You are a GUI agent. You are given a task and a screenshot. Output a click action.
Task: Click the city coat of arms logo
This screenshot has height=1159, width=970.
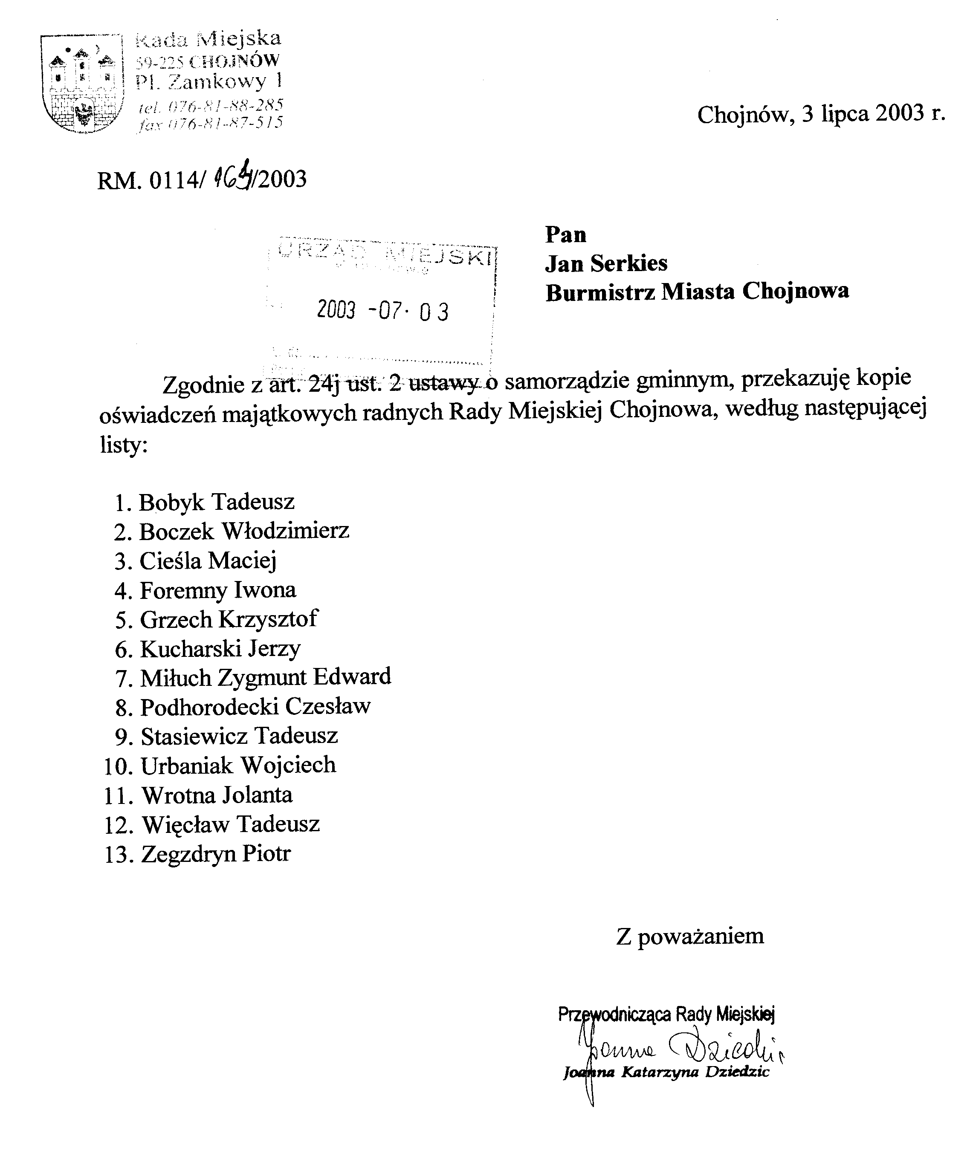tap(82, 84)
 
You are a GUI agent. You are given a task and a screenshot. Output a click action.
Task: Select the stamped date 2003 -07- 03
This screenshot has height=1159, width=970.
tap(382, 311)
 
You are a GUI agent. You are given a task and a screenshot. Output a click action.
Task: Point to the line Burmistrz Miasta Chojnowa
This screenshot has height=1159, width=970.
tap(697, 292)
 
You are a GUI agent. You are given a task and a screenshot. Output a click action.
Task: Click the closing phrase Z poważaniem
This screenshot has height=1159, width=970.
tap(689, 936)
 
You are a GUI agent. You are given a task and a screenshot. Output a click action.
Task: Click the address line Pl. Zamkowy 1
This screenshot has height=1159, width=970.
tap(208, 82)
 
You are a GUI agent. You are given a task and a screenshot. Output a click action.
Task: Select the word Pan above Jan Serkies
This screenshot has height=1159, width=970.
tap(565, 234)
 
